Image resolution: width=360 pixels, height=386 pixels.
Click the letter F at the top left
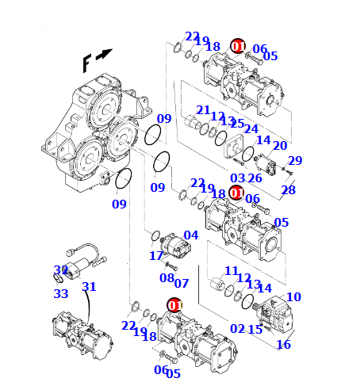click(x=87, y=63)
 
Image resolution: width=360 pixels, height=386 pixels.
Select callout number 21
click(x=203, y=110)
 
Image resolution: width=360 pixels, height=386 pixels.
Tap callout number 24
click(x=251, y=128)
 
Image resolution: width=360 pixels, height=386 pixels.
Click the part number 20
click(x=280, y=145)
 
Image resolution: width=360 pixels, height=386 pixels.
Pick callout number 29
click(x=295, y=161)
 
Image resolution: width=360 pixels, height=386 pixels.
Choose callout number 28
click(x=288, y=190)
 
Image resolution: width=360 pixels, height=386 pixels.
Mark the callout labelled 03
click(x=238, y=178)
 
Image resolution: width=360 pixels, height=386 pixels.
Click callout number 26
click(x=255, y=178)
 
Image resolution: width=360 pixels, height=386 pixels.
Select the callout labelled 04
click(x=191, y=235)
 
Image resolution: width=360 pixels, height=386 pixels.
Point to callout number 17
click(x=156, y=256)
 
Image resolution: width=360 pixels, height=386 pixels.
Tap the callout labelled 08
click(x=167, y=277)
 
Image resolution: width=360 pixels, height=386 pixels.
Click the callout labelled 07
click(x=182, y=283)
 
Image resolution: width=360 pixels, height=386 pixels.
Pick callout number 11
click(x=232, y=271)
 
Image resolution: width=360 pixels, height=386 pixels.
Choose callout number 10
click(x=293, y=297)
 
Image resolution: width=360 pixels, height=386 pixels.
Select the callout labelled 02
click(x=238, y=328)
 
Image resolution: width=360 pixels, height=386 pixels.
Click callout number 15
click(x=255, y=329)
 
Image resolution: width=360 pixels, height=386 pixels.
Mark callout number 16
click(x=283, y=345)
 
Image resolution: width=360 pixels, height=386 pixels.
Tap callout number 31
click(x=89, y=287)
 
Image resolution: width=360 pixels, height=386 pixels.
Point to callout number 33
click(x=61, y=293)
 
